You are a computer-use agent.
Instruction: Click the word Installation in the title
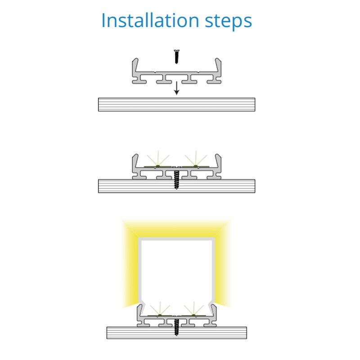tap(150, 20)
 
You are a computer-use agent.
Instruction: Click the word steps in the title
tap(228, 22)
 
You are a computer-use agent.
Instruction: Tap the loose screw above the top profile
tap(176, 57)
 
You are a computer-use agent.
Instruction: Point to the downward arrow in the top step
tap(176, 88)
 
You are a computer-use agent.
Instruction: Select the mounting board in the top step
tap(176, 104)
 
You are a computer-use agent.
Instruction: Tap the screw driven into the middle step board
tap(176, 180)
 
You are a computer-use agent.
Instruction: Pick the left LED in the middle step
tap(157, 166)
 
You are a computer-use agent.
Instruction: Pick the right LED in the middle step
tap(196, 166)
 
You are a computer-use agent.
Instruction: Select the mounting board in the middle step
tap(176, 186)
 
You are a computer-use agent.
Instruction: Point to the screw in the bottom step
tap(176, 327)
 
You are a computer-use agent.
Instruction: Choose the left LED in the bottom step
tap(160, 315)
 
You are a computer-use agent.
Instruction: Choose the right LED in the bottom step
tap(193, 315)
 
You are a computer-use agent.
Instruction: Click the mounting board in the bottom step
tap(176, 333)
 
